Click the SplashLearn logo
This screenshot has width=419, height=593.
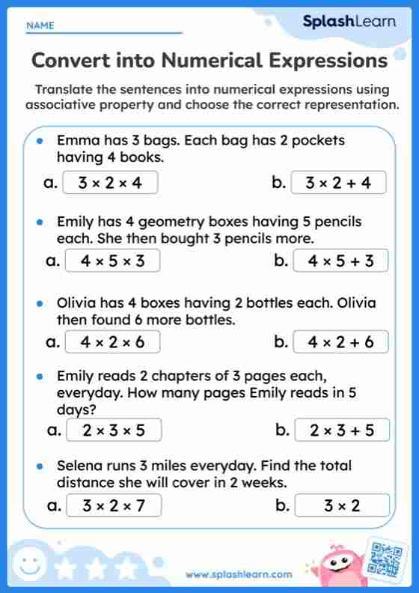click(349, 22)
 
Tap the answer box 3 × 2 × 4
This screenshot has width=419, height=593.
click(110, 182)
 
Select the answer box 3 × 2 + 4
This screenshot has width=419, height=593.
click(338, 182)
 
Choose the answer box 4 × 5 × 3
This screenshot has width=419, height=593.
click(112, 261)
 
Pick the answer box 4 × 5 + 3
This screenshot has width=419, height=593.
click(340, 261)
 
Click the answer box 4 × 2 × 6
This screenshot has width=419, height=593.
click(112, 342)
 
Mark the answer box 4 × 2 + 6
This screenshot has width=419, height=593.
click(340, 342)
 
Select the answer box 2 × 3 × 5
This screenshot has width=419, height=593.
click(114, 430)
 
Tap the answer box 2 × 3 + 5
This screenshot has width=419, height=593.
click(342, 430)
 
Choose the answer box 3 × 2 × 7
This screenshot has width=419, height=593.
click(114, 505)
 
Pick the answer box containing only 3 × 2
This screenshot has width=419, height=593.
click(342, 505)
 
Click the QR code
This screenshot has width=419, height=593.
click(387, 558)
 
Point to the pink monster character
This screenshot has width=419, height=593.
click(338, 567)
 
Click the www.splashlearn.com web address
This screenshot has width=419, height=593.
click(239, 574)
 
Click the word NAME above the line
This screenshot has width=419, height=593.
click(40, 25)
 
